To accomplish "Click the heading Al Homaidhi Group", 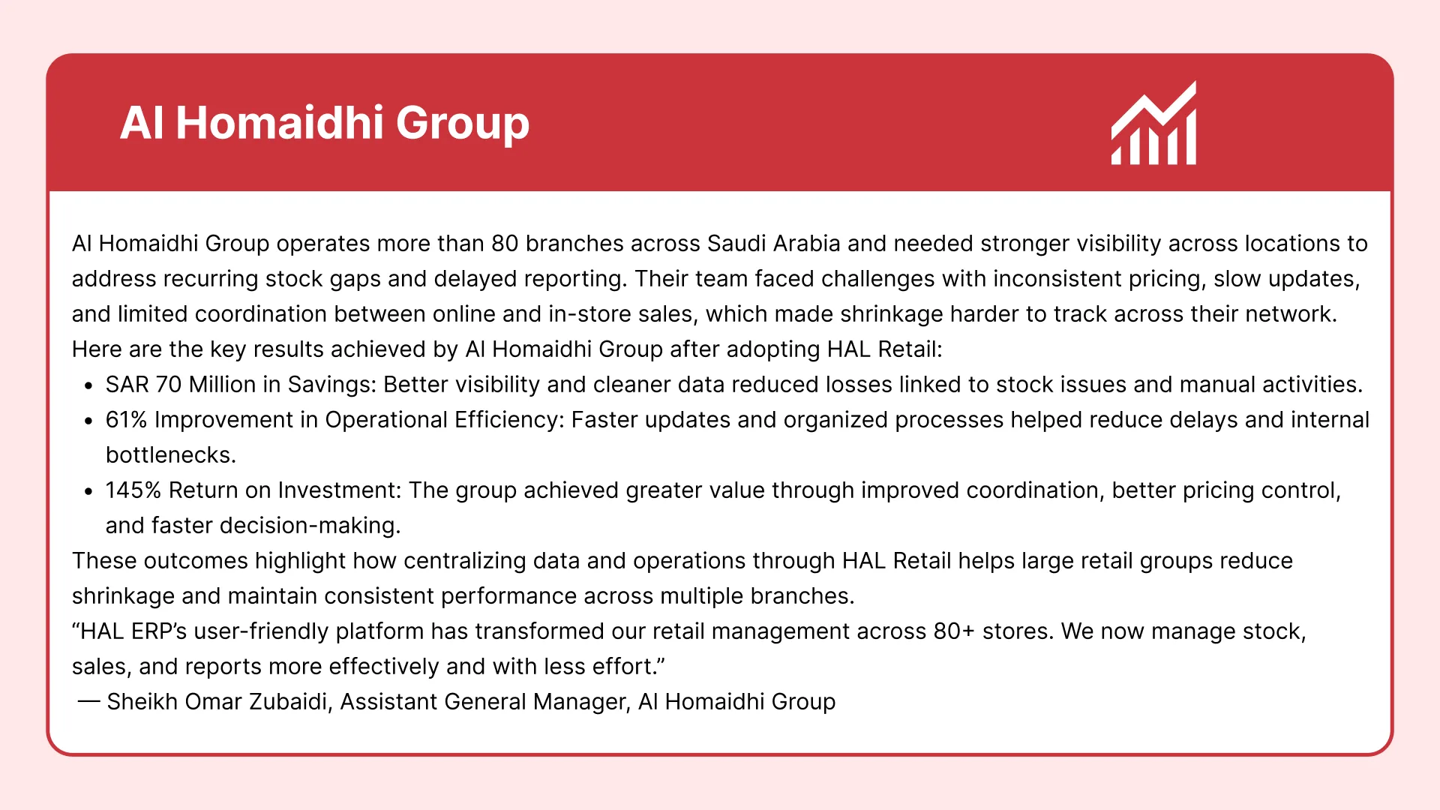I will pyautogui.click(x=324, y=123).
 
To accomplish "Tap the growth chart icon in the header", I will pyautogui.click(x=1153, y=124).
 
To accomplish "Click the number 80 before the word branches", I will pyautogui.click(x=505, y=244).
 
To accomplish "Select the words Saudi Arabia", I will pyautogui.click(x=773, y=244).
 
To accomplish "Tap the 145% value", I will pyautogui.click(x=133, y=490).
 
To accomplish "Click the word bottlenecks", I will pyautogui.click(x=169, y=455).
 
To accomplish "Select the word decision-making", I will pyautogui.click(x=309, y=526).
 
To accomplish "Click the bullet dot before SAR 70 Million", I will pyautogui.click(x=88, y=386).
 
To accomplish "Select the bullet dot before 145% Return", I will pyautogui.click(x=88, y=492).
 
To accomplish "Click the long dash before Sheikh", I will pyautogui.click(x=88, y=702).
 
